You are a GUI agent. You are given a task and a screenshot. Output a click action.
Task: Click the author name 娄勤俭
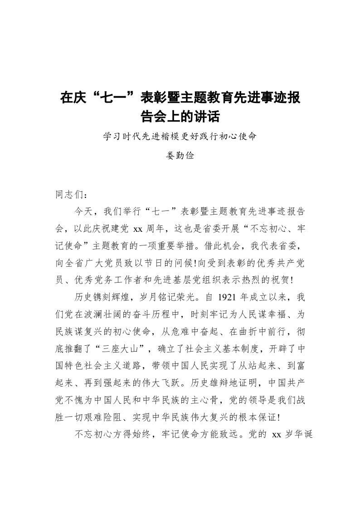pyautogui.click(x=180, y=156)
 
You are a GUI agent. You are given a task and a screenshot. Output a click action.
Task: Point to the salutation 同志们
pyautogui.click(x=70, y=195)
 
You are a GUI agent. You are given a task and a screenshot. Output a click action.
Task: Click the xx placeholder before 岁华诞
pyautogui.click(x=276, y=433)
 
